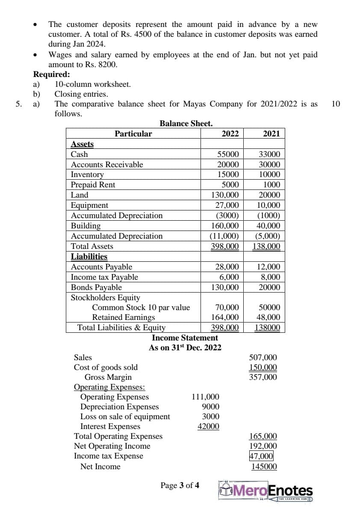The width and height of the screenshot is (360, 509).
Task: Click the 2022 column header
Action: (x=230, y=133)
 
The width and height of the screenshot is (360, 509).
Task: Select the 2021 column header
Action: (x=271, y=133)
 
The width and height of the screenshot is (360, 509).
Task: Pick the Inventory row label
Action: (x=87, y=175)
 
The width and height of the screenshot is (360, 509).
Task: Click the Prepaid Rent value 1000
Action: (x=272, y=185)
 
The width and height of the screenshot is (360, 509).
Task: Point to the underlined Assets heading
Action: (x=82, y=144)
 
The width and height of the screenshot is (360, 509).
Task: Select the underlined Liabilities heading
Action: (x=89, y=257)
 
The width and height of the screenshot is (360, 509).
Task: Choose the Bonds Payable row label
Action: (x=96, y=287)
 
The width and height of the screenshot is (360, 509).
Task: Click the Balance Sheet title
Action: (x=186, y=124)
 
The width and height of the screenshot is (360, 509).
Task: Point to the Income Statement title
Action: (x=185, y=338)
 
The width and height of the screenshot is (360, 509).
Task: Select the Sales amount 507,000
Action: (x=263, y=358)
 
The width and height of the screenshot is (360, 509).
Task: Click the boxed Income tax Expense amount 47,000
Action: (x=262, y=456)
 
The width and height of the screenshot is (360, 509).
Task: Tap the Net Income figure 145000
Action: (x=264, y=467)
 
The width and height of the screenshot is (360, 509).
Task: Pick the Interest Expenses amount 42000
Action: (x=208, y=426)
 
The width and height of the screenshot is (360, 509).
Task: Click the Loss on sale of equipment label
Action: (x=125, y=417)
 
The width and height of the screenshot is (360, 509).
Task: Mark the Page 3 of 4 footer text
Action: (x=180, y=485)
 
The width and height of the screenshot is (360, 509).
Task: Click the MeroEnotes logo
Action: (x=266, y=492)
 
